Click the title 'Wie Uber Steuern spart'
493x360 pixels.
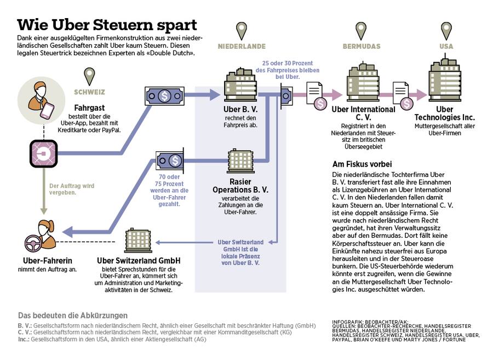[x=107, y=25]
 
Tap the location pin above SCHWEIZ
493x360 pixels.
[x=89, y=76]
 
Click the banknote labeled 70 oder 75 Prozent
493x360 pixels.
[x=172, y=160]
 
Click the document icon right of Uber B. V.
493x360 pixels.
[x=314, y=91]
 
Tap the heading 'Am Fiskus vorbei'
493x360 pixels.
[x=362, y=164]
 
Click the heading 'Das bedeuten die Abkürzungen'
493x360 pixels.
[x=73, y=316]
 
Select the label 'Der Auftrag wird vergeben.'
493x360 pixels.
[x=72, y=189]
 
